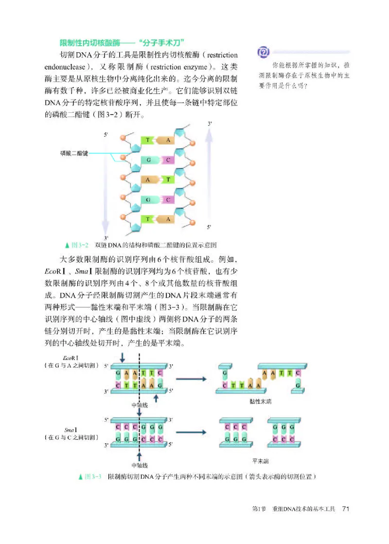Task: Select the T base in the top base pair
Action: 147,140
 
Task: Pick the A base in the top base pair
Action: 167,140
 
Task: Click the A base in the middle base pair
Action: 147,180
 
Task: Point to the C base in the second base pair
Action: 167,160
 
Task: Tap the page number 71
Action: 346,509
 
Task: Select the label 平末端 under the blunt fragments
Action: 261,460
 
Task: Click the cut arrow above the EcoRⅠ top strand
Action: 122,357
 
